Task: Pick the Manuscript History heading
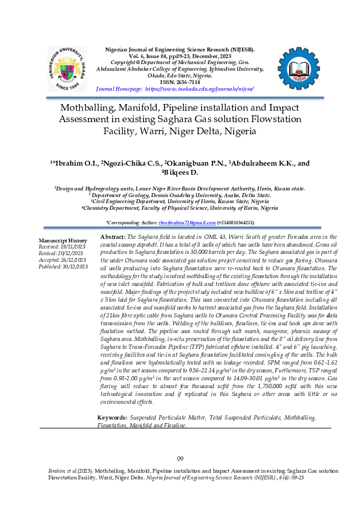[63, 241]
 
